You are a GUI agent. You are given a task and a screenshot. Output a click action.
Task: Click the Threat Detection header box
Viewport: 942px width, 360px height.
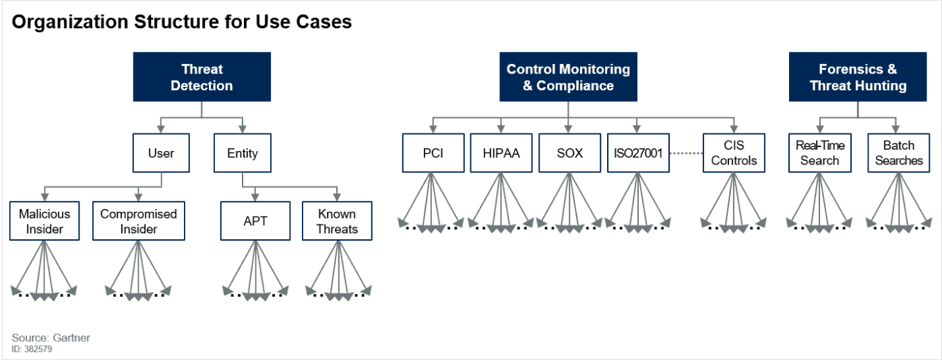[201, 78]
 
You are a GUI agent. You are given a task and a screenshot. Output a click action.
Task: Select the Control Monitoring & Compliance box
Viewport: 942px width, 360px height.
[568, 78]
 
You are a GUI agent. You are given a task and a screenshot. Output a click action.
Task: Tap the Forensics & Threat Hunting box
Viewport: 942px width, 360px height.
[858, 78]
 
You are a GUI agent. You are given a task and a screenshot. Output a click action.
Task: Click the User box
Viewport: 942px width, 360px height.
[161, 153]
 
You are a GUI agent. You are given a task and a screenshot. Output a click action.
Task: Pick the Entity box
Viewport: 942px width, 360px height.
[242, 153]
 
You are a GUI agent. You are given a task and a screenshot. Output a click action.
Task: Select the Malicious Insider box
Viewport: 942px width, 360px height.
[44, 221]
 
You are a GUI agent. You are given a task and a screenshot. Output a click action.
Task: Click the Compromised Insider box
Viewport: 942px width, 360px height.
[138, 221]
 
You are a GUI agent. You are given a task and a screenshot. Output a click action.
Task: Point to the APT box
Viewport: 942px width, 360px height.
[255, 221]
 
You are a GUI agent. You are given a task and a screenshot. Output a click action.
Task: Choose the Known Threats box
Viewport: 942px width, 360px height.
[337, 221]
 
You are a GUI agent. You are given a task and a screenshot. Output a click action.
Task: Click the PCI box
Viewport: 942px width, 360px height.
[433, 153]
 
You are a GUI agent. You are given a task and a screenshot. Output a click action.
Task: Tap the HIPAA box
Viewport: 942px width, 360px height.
[501, 153]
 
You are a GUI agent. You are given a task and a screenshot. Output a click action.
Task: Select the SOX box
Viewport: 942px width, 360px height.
[569, 153]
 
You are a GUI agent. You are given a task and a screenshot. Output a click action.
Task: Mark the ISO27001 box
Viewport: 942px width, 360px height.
[637, 153]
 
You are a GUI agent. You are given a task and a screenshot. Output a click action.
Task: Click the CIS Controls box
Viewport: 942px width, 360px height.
[734, 153]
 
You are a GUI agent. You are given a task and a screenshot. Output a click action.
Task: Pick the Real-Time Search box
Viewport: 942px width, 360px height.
[819, 153]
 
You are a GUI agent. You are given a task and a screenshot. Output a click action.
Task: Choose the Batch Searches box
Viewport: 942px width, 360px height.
[898, 153]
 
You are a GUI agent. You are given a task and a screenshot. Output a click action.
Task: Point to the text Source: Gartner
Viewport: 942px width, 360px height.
[51, 338]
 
